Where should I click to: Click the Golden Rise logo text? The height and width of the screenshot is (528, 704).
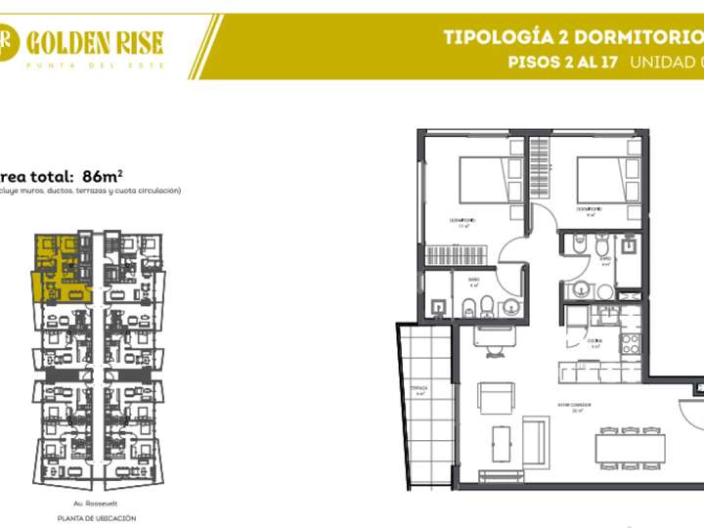coord(95,41)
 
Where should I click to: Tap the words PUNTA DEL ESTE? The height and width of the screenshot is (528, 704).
coord(95,65)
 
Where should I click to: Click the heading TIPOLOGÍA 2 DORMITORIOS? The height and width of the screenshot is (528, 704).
coord(573,38)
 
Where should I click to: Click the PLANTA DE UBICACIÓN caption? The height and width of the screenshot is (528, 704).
coord(96,518)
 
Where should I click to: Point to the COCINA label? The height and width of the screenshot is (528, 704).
coord(594,341)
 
